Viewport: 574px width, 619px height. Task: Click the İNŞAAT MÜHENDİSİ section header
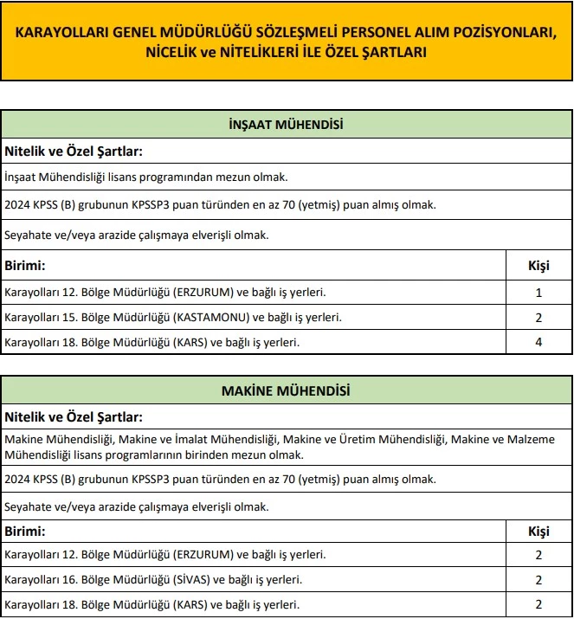pos(286,125)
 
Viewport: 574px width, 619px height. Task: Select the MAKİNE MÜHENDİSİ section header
pos(286,391)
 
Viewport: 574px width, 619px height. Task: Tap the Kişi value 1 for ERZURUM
pos(539,293)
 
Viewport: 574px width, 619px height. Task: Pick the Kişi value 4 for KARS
pos(539,342)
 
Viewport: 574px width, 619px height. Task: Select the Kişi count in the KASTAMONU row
pos(539,318)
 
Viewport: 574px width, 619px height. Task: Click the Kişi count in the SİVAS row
pos(539,579)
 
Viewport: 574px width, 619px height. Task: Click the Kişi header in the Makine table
pos(539,531)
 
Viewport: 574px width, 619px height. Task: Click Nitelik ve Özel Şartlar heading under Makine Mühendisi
pos(74,416)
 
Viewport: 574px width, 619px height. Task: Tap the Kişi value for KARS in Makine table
pos(539,604)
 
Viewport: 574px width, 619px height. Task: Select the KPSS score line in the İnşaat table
pos(220,205)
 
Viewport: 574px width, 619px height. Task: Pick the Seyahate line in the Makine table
pos(137,506)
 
